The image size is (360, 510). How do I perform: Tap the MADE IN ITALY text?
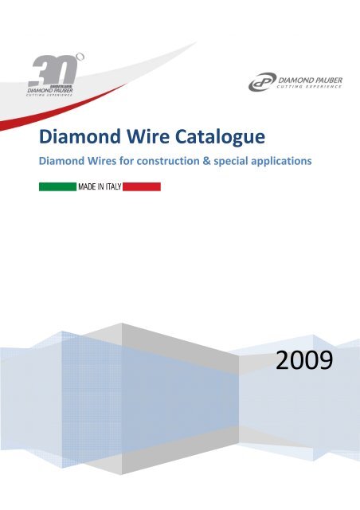[98, 186]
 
